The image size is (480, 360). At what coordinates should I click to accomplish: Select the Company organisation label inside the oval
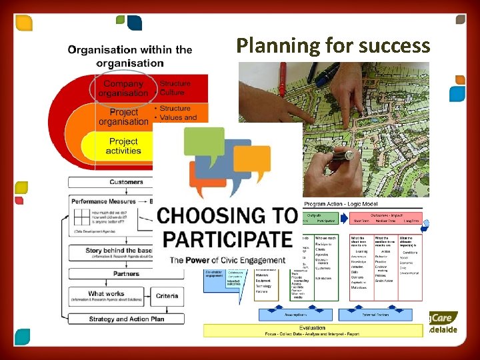pyautogui.click(x=123, y=88)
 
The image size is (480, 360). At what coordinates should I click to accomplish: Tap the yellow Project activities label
pyautogui.click(x=125, y=146)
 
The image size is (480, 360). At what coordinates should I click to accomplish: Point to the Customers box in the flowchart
pyautogui.click(x=126, y=182)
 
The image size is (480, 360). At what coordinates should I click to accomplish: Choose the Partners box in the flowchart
pyautogui.click(x=126, y=273)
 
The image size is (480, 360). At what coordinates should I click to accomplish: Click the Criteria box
pyautogui.click(x=167, y=294)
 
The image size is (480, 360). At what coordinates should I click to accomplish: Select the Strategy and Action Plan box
pyautogui.click(x=126, y=319)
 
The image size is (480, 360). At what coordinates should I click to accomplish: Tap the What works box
pyautogui.click(x=106, y=294)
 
